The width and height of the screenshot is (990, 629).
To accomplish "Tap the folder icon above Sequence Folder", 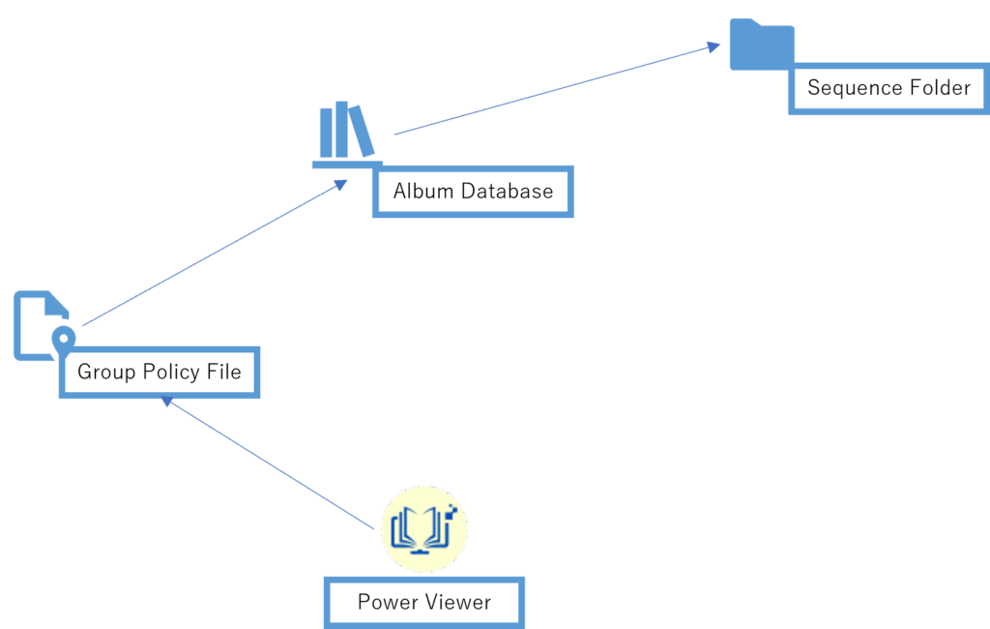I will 761,45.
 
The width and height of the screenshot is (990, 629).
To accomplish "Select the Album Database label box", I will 473,192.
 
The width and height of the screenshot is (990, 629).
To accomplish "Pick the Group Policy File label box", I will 160,373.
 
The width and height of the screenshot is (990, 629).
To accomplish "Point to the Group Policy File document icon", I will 37,324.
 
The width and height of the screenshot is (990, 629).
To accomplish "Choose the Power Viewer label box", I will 424,603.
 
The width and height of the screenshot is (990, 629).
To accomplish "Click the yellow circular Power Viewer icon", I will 423,529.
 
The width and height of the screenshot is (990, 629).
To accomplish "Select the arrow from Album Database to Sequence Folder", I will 556,89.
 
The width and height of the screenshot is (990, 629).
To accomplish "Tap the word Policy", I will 169,373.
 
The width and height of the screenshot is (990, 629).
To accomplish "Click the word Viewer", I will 459,603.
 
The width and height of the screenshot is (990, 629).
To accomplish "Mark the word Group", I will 106,373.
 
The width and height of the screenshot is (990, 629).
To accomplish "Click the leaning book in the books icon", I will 362,131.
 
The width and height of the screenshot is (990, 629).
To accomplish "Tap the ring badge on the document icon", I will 63,337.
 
